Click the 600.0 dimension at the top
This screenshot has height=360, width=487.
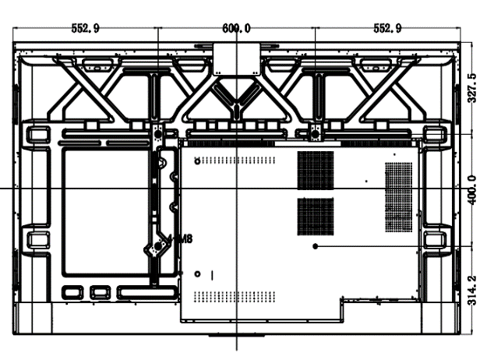(236, 28)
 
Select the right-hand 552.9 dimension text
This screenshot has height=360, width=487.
(386, 28)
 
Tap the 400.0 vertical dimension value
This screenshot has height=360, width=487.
(471, 189)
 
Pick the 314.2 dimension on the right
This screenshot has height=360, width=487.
(471, 290)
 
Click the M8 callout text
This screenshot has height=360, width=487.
(182, 240)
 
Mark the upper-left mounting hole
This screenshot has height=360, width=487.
(158, 134)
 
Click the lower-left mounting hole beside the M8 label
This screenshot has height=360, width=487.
(158, 245)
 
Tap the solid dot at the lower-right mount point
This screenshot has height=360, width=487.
(315, 245)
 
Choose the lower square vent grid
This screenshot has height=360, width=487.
(316, 216)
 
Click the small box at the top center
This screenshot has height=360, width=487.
(235, 58)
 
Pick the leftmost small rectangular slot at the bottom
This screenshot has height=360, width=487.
(72, 294)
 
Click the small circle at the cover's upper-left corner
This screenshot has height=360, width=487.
(196, 161)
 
